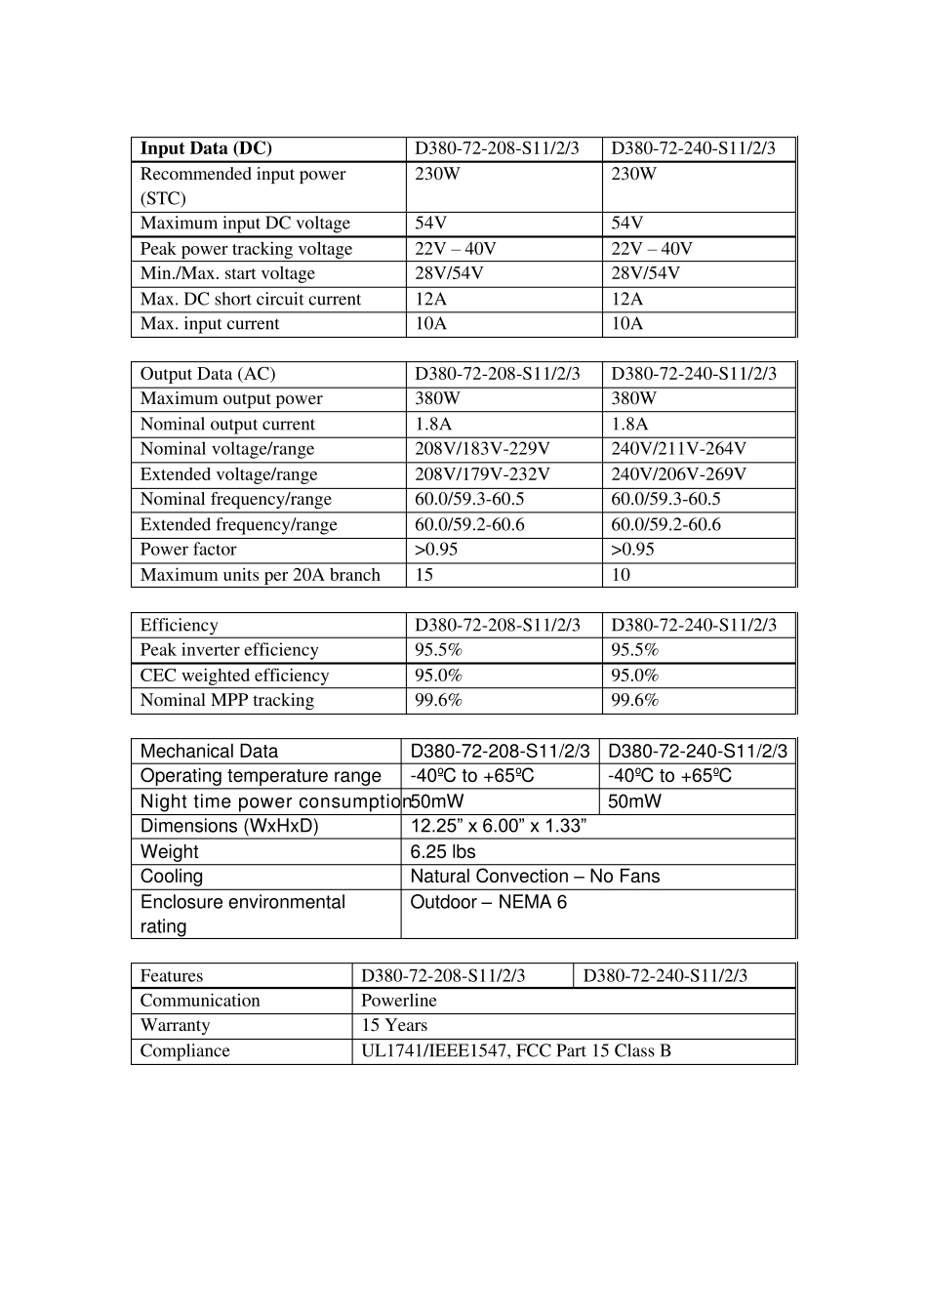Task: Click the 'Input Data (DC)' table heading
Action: [206, 148]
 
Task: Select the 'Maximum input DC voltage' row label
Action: [245, 224]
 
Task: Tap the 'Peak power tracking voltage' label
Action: [246, 249]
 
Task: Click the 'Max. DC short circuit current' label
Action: [250, 299]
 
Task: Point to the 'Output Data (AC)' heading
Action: [208, 374]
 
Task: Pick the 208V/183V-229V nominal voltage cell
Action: [482, 449]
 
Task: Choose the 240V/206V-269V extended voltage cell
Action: [678, 474]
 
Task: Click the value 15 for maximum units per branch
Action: [423, 575]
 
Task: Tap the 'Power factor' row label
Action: [188, 550]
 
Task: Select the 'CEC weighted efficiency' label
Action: [234, 676]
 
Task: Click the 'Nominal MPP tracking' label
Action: [227, 700]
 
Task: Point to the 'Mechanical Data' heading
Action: [209, 752]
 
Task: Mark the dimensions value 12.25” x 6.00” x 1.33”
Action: [498, 826]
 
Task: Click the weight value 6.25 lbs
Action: [443, 852]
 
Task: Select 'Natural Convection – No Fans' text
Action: [535, 877]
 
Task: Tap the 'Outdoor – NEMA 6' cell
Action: [488, 902]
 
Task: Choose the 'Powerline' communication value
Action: [399, 1001]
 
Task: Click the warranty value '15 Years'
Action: [394, 1025]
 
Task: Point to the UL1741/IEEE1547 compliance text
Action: [516, 1051]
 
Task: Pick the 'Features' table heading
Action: [172, 976]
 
